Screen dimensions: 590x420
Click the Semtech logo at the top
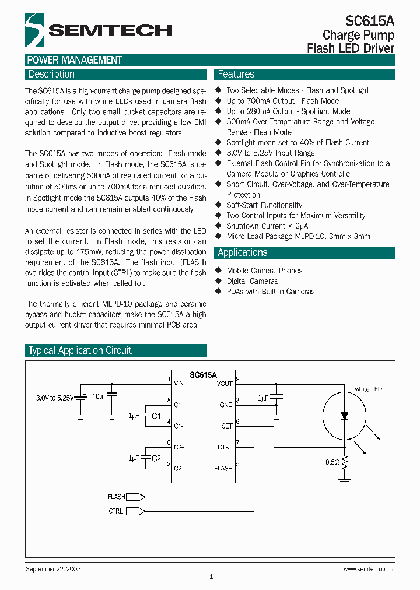click(x=99, y=30)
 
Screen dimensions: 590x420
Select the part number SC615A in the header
click(x=370, y=22)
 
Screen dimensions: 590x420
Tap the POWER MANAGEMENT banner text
click(x=75, y=60)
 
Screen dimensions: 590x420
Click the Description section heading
click(x=52, y=74)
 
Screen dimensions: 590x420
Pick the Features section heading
click(x=236, y=74)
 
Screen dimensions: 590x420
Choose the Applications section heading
click(x=243, y=252)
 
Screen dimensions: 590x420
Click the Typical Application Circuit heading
click(x=80, y=350)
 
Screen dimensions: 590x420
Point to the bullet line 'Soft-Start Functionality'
click(x=264, y=205)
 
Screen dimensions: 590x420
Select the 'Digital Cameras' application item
click(x=253, y=281)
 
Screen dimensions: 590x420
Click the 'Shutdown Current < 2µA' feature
click(x=267, y=226)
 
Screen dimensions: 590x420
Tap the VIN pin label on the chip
click(x=178, y=383)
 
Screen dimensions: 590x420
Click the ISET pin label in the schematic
click(x=226, y=426)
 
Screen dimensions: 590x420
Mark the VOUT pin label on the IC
click(x=225, y=383)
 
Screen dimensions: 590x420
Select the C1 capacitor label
click(x=156, y=416)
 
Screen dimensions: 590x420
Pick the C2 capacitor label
click(x=156, y=458)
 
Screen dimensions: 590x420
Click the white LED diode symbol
click(x=344, y=416)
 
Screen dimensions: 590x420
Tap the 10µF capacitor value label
click(x=99, y=396)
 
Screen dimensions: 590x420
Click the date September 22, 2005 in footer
click(x=53, y=568)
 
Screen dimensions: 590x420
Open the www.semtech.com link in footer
click(x=367, y=569)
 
